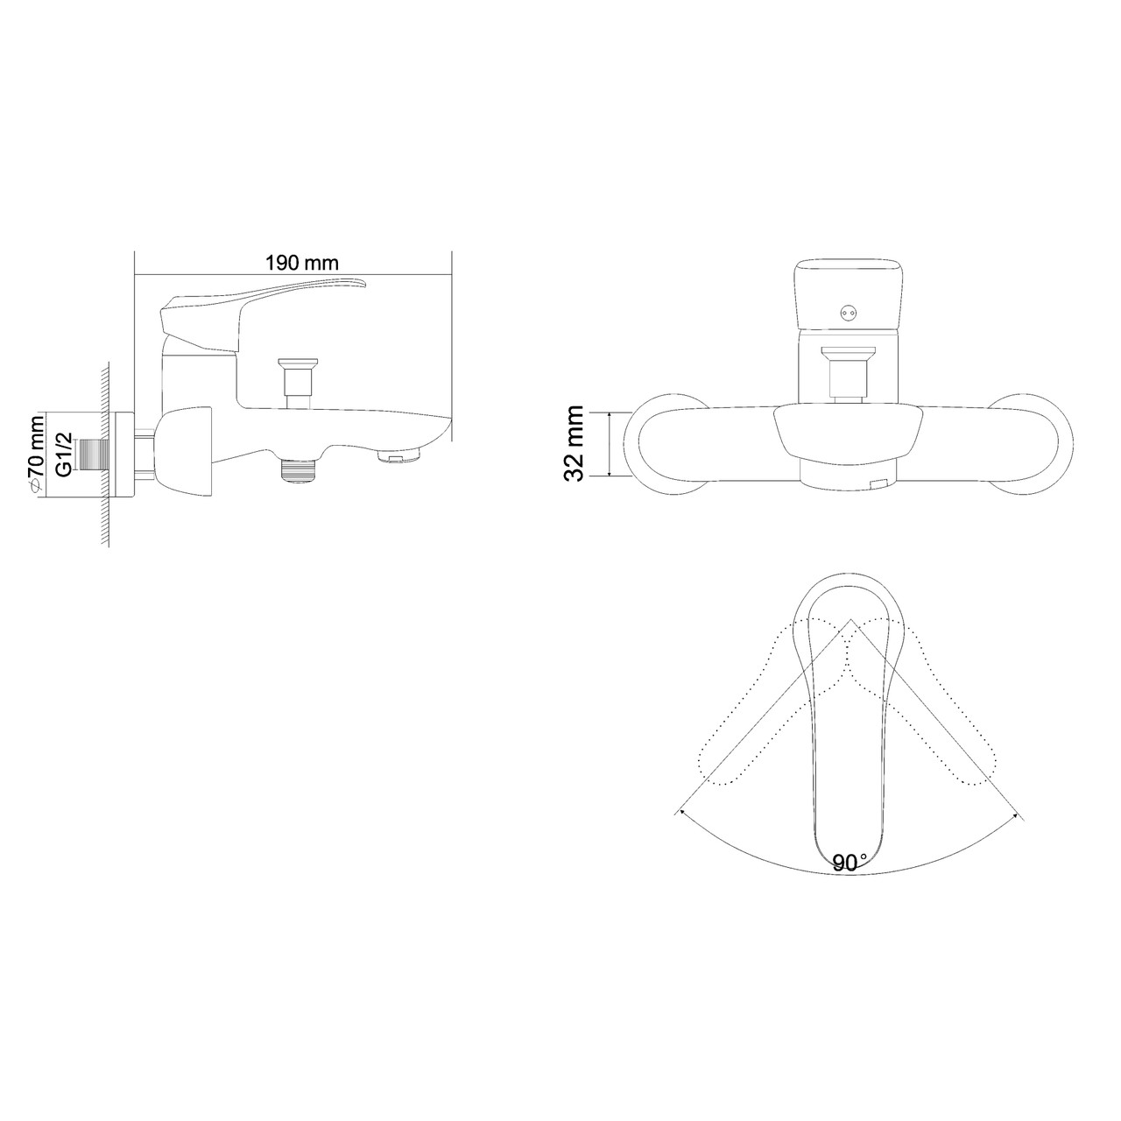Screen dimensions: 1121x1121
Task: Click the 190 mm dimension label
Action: coord(302,264)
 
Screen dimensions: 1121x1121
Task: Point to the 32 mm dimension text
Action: coord(574,443)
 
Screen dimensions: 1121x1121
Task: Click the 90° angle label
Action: coord(850,862)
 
